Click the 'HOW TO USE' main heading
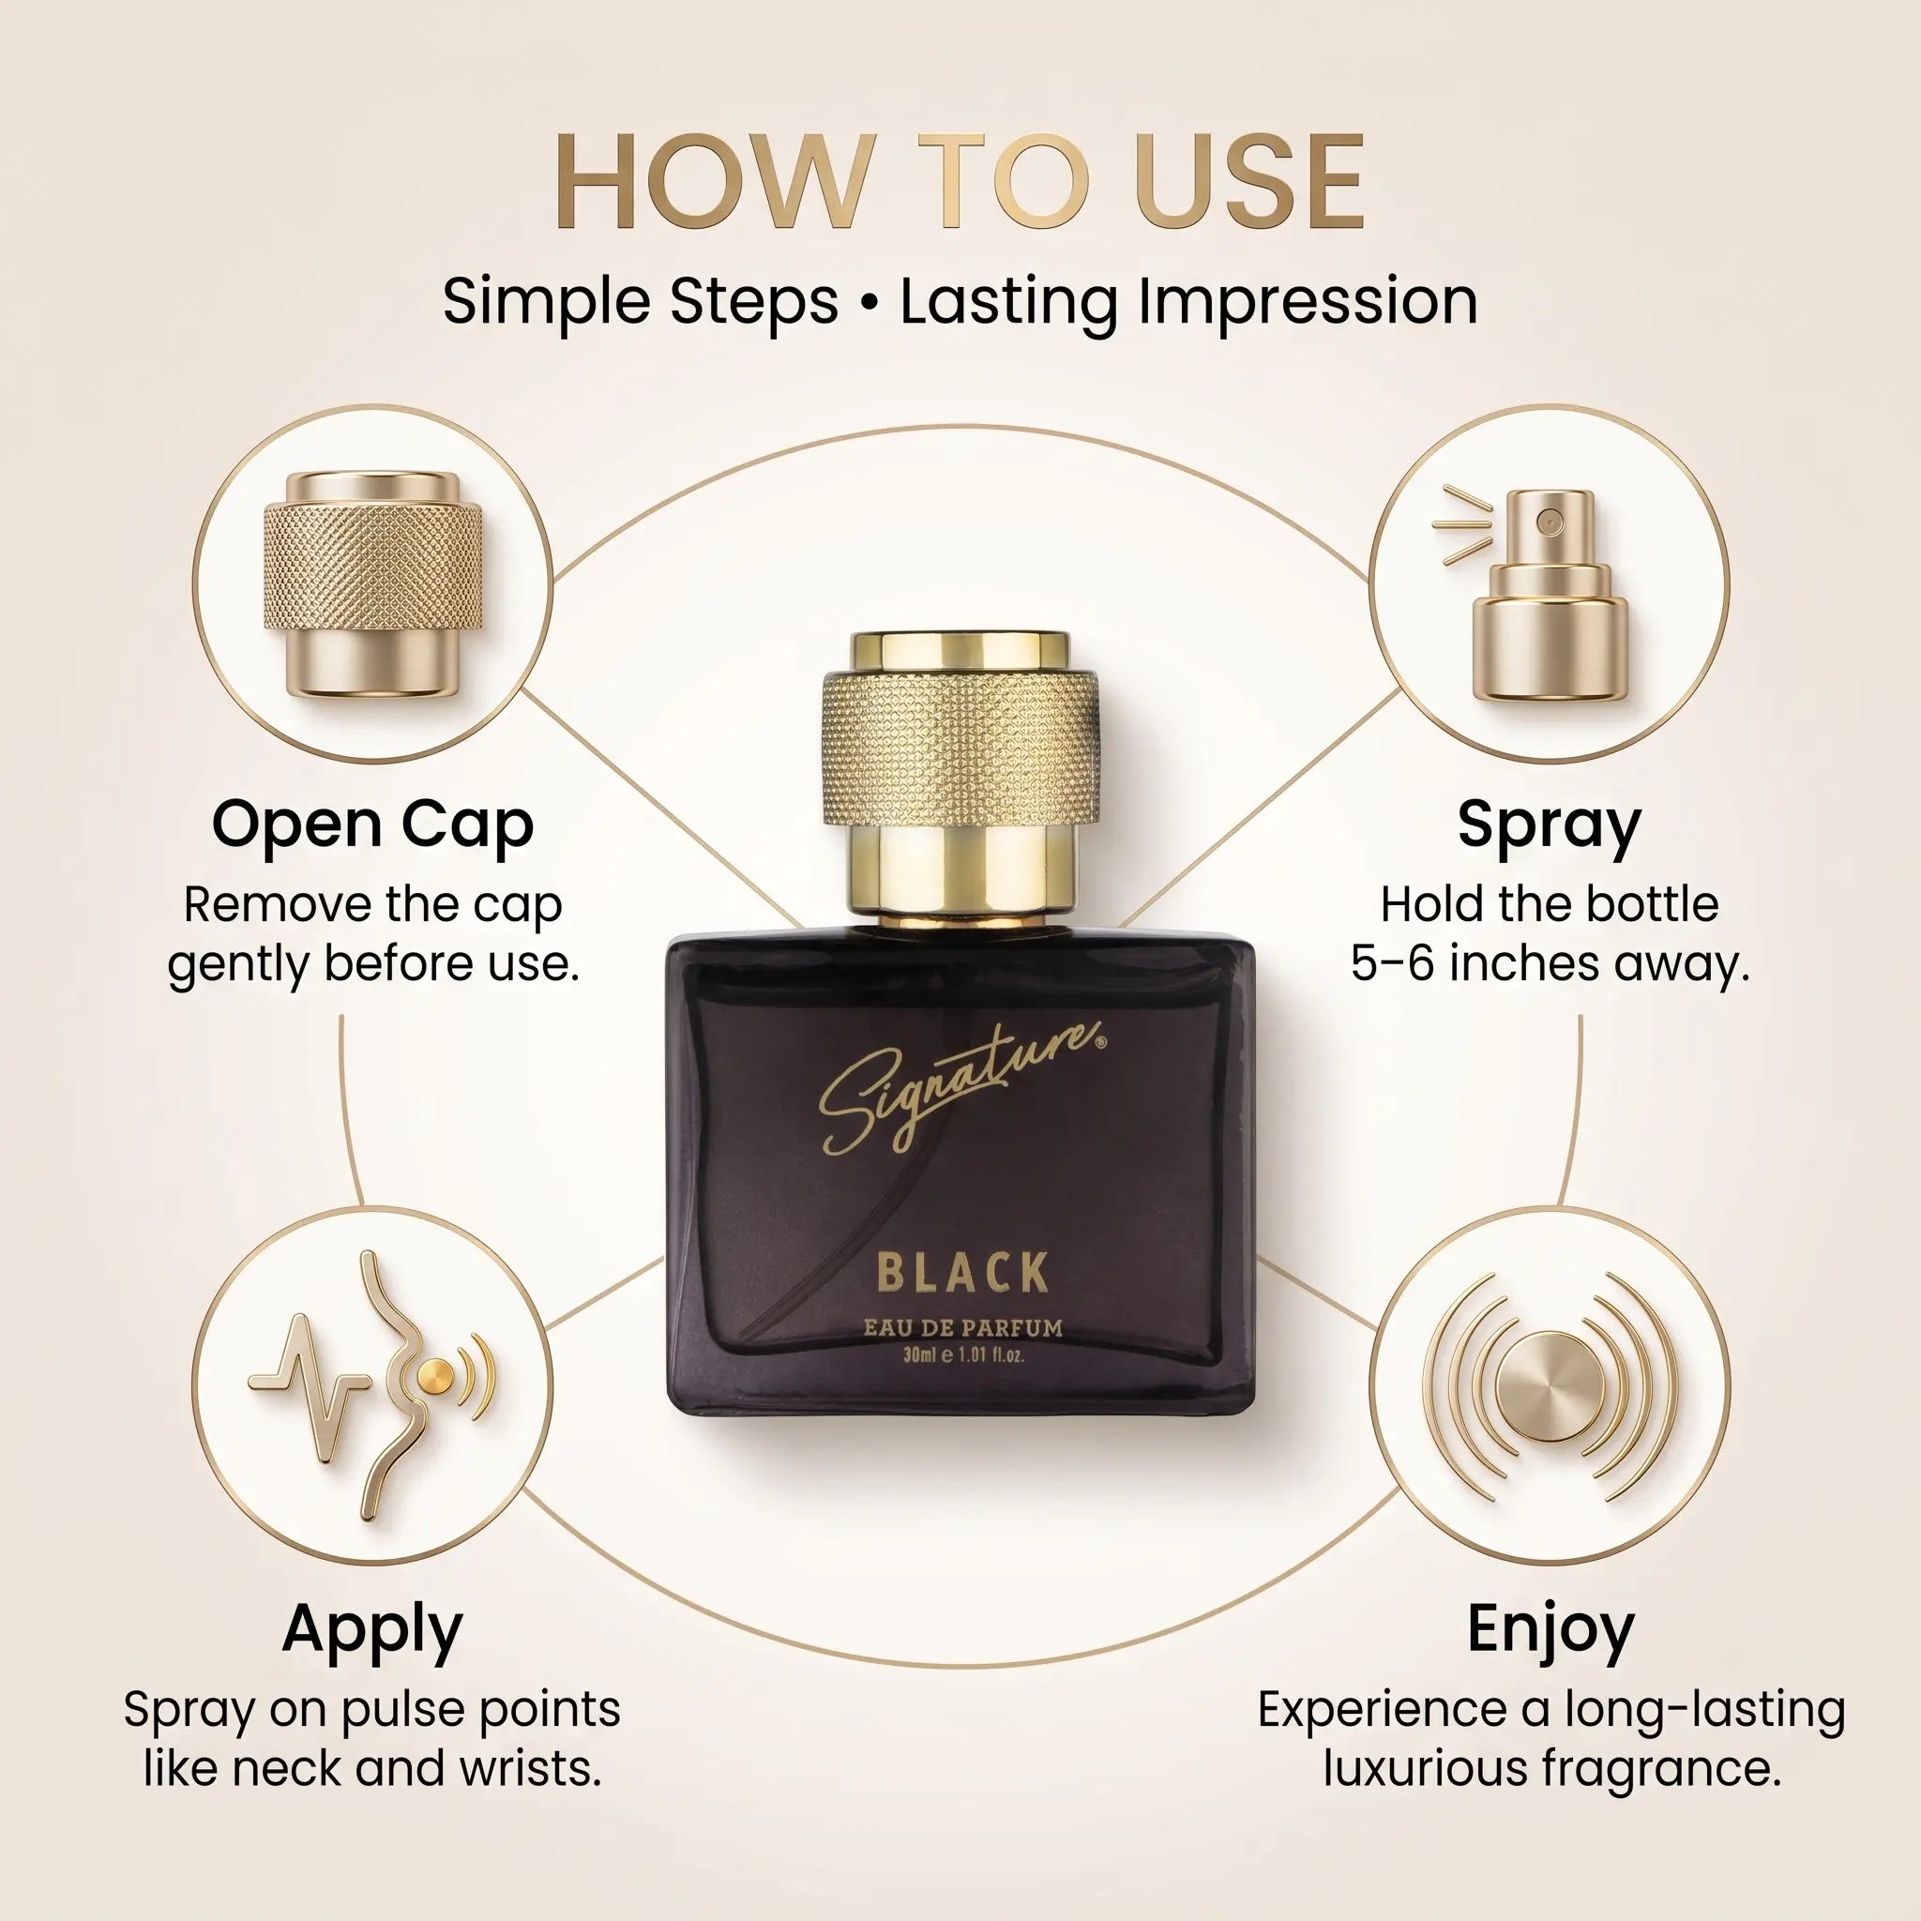[x=960, y=182]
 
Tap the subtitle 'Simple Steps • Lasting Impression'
[x=960, y=301]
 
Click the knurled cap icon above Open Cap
[x=373, y=583]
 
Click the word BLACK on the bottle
[x=962, y=1273]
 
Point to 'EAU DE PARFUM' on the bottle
[x=962, y=1327]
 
